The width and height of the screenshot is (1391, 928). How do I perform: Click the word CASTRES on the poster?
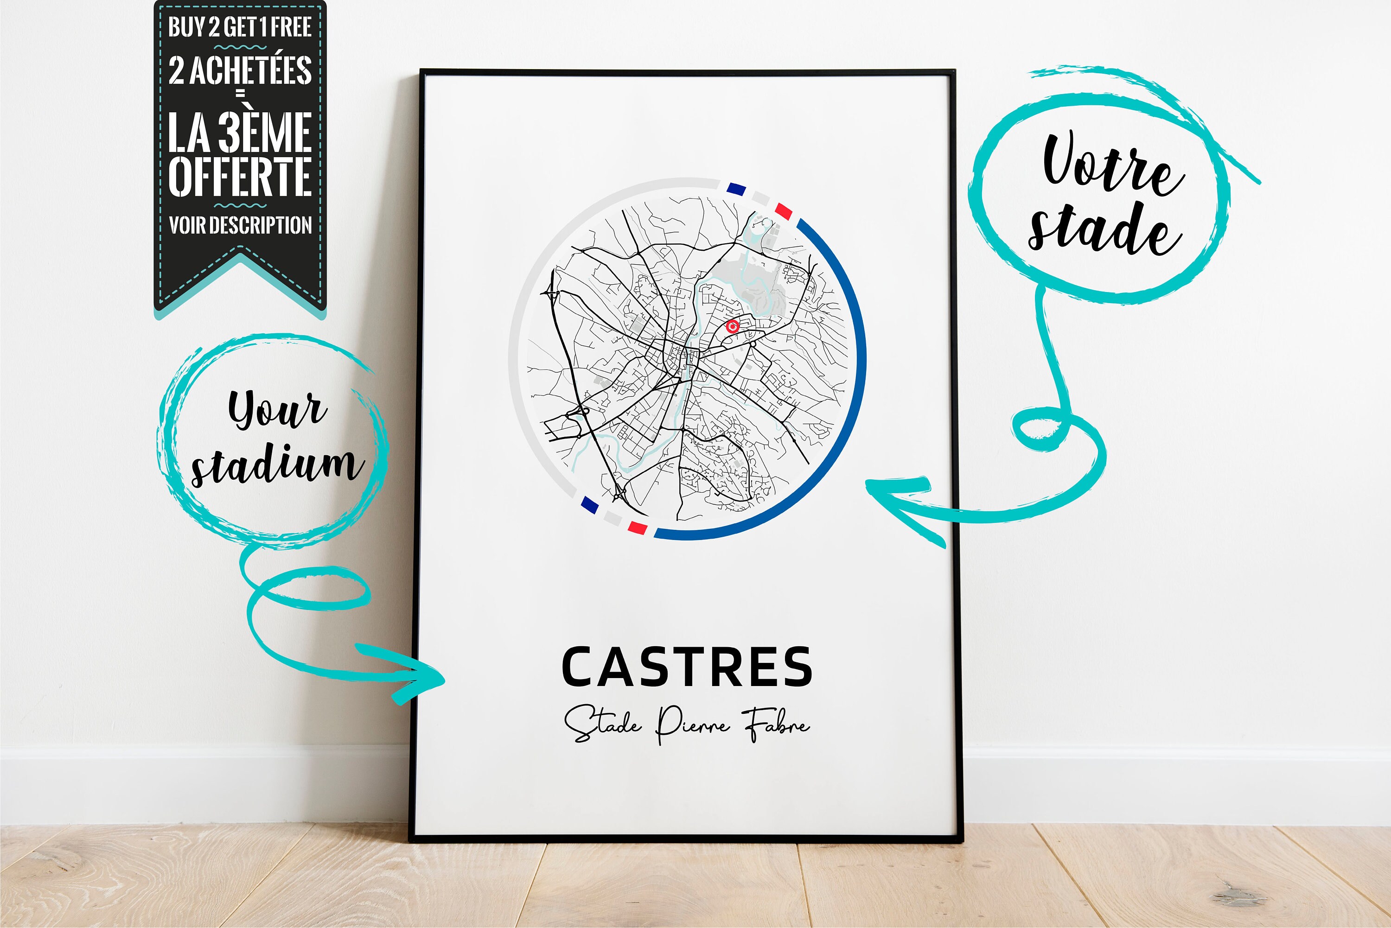[687, 667]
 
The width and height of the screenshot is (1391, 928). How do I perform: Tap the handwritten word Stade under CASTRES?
[602, 723]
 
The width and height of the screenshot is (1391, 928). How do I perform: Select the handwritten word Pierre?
[693, 723]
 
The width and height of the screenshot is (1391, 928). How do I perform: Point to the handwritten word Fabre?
[777, 723]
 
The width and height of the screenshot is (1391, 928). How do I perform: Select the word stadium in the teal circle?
[274, 464]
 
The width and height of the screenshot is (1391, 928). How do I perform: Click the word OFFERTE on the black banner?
[240, 176]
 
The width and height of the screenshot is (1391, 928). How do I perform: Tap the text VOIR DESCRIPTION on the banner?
[240, 225]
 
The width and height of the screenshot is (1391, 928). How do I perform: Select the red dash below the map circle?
[637, 527]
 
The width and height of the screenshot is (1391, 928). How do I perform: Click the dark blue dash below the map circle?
[589, 504]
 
